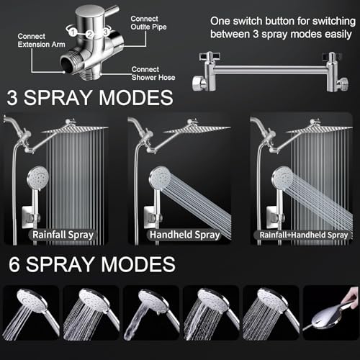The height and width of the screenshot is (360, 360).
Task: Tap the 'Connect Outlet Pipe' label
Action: click(x=149, y=24)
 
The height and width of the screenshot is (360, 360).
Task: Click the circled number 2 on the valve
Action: click(x=89, y=33)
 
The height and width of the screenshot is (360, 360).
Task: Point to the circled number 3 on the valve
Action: click(x=106, y=31)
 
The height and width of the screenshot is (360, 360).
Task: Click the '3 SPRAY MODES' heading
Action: click(x=90, y=98)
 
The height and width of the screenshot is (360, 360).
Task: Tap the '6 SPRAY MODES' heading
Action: click(x=91, y=264)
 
